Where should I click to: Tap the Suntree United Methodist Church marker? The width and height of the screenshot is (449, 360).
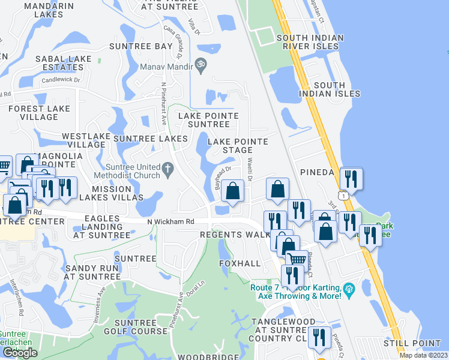click(x=170, y=171)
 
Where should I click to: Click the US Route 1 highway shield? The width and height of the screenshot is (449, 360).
click(x=342, y=196)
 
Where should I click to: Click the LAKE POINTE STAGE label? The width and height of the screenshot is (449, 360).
click(x=238, y=145)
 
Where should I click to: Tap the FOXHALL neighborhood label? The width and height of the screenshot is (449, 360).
click(x=240, y=263)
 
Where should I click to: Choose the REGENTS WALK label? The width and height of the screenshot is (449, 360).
click(x=235, y=235)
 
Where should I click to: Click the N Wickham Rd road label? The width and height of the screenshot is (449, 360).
click(x=171, y=221)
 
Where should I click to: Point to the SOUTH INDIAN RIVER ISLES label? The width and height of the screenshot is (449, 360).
click(x=310, y=43)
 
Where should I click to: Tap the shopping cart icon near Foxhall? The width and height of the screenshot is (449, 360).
click(x=296, y=259)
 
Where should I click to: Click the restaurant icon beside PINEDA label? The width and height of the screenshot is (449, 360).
click(x=351, y=178)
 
